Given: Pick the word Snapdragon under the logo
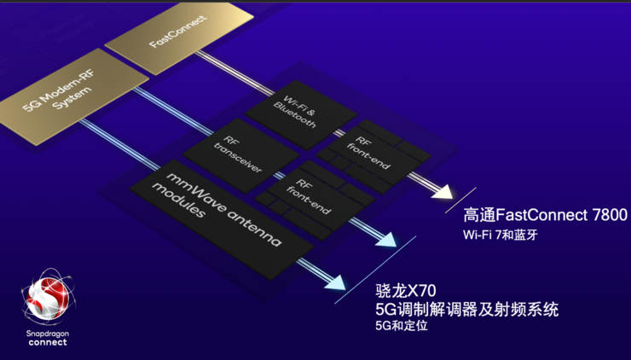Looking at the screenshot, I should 48,333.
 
